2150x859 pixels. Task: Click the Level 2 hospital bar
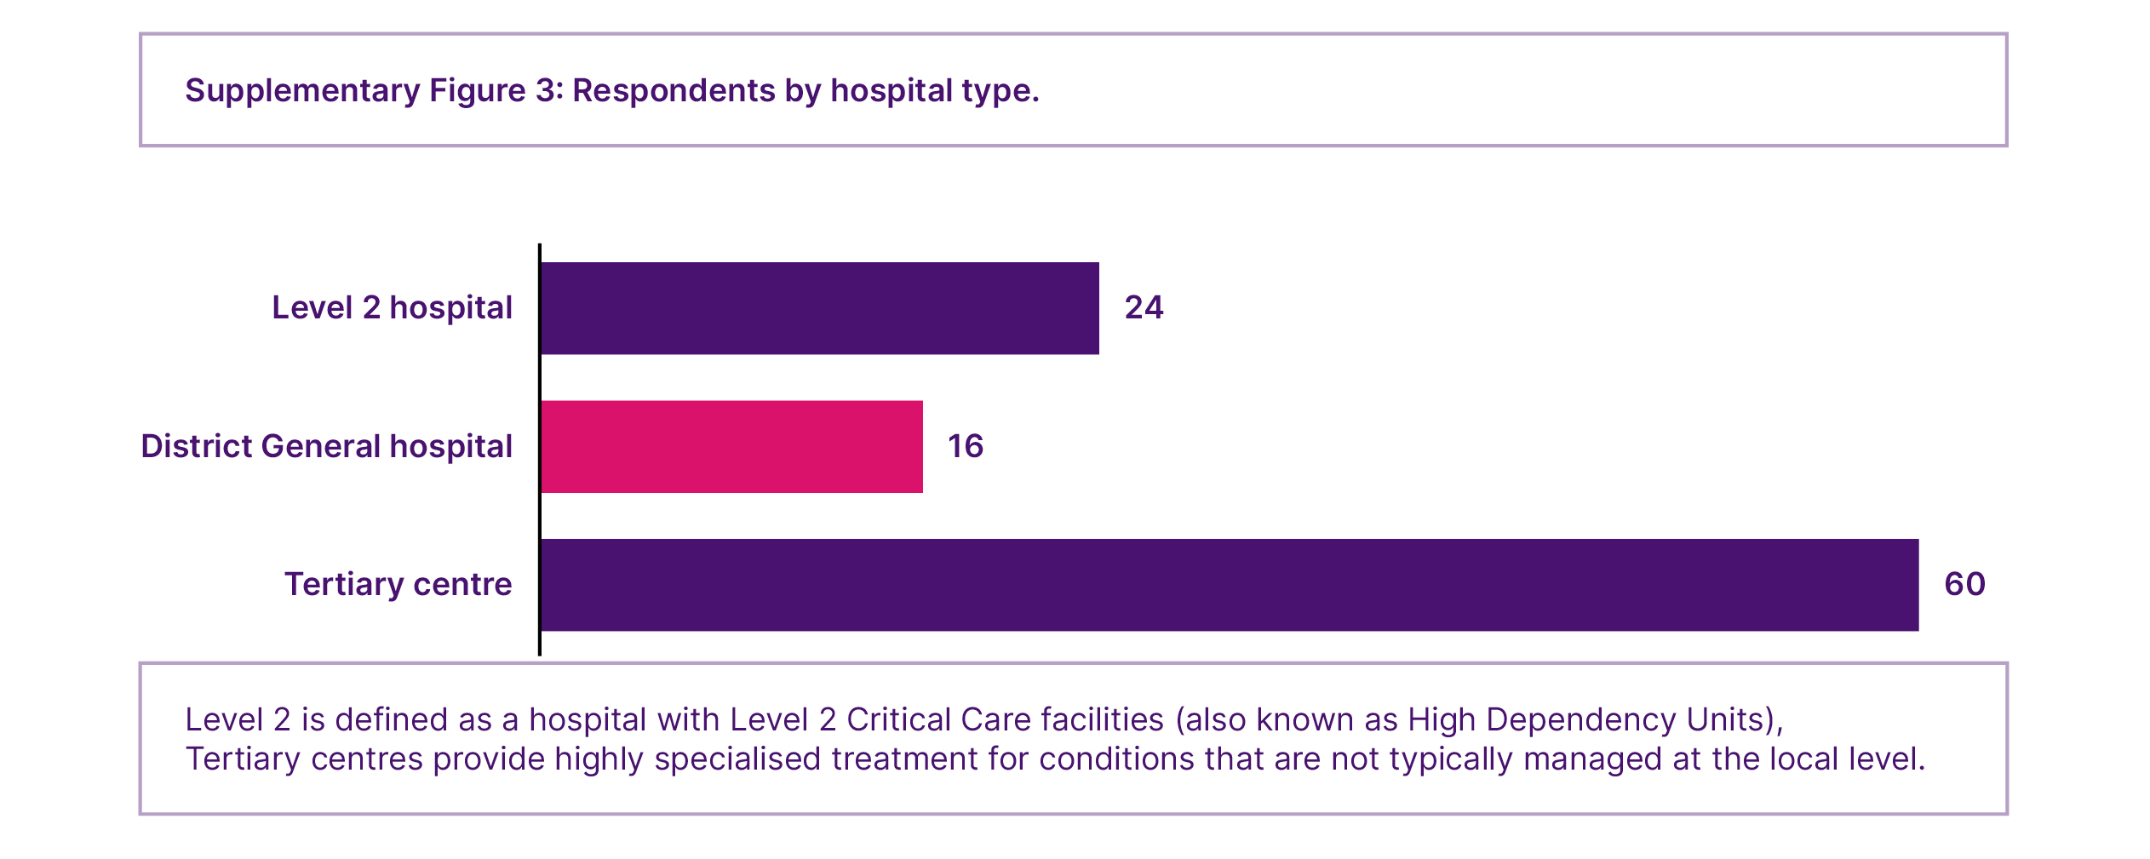pos(819,308)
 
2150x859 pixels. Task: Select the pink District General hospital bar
pos(731,447)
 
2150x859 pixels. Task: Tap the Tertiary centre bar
pos(1230,585)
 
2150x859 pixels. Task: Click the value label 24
pos(1144,308)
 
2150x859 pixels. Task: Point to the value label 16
pos(966,447)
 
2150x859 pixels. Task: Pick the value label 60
pos(1964,585)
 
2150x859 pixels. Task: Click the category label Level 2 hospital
pos(392,308)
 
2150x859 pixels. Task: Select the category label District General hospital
pos(326,447)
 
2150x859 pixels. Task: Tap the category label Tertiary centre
pos(398,585)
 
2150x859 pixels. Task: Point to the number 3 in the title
pos(545,91)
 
